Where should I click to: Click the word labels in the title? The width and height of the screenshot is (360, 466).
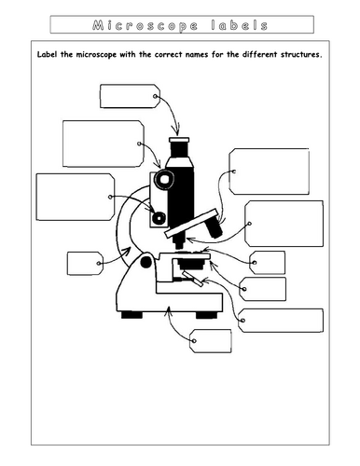tap(238, 24)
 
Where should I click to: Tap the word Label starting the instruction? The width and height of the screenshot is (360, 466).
tap(52, 55)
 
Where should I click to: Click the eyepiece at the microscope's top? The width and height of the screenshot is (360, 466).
tap(181, 147)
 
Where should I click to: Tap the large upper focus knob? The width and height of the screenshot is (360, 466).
tap(165, 177)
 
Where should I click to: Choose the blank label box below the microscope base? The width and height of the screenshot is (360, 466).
tap(209, 342)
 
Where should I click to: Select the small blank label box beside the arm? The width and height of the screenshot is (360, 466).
tap(82, 263)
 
